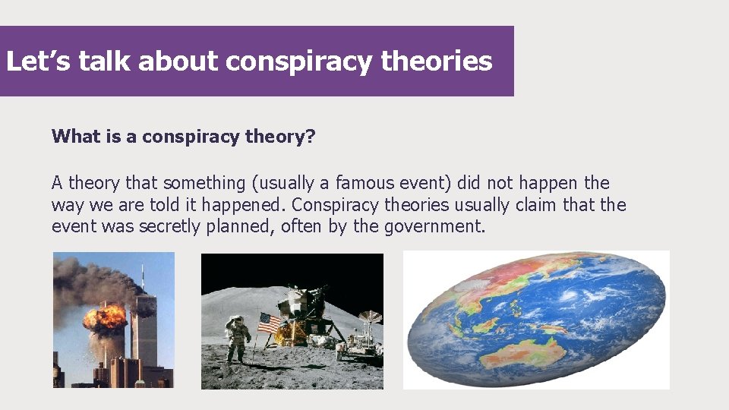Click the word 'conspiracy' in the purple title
tap(299, 61)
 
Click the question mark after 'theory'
tap(311, 137)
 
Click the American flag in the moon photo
tap(270, 323)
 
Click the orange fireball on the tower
tap(105, 317)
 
